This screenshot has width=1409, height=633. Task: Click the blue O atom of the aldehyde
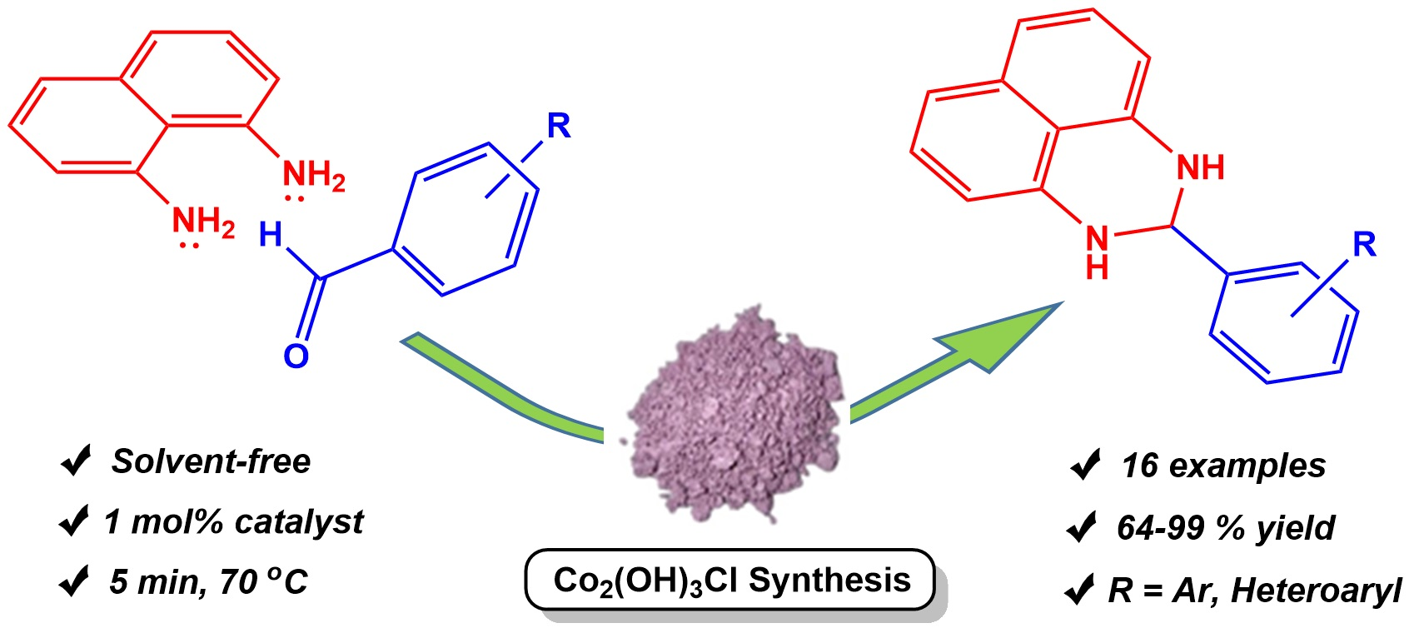pyautogui.click(x=296, y=356)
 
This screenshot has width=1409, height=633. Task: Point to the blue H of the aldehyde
pyautogui.click(x=271, y=235)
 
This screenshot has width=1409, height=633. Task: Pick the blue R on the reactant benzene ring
pyautogui.click(x=559, y=127)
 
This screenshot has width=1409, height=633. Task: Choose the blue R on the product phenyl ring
pyautogui.click(x=1364, y=245)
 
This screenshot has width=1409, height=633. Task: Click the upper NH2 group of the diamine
pyautogui.click(x=313, y=177)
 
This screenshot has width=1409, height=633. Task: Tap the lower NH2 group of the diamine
pyautogui.click(x=202, y=222)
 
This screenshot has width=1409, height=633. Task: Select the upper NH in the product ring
pyautogui.click(x=1200, y=167)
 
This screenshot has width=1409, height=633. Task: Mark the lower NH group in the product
pyautogui.click(x=1098, y=250)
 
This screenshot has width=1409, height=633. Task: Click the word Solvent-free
pyautogui.click(x=212, y=461)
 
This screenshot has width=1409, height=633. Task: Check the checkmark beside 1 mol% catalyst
pyautogui.click(x=75, y=522)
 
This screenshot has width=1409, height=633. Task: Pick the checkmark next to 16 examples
pyautogui.click(x=1085, y=466)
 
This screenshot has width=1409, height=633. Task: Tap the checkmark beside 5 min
pyautogui.click(x=75, y=581)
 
